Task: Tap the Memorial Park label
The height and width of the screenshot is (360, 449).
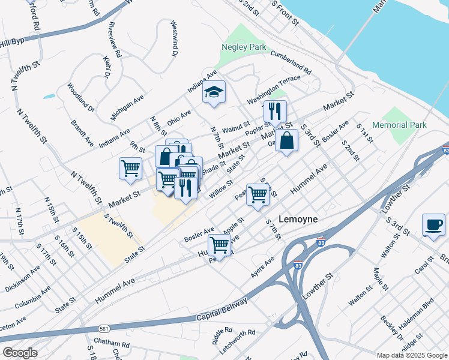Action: pos(399,125)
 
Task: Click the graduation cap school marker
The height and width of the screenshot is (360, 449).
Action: pos(213,92)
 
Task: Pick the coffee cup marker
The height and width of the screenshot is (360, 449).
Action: pos(433,224)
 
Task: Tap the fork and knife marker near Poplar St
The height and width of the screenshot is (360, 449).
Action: pos(275,111)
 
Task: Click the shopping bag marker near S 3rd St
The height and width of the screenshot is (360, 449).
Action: pos(287,141)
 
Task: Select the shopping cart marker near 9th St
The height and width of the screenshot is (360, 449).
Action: pos(130,168)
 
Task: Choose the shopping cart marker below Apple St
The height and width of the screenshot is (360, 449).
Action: pos(220,245)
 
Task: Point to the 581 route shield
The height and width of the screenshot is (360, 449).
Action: pos(104,328)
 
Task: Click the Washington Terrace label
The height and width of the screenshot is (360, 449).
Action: pos(274,88)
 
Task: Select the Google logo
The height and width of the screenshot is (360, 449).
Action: pos(20,353)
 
